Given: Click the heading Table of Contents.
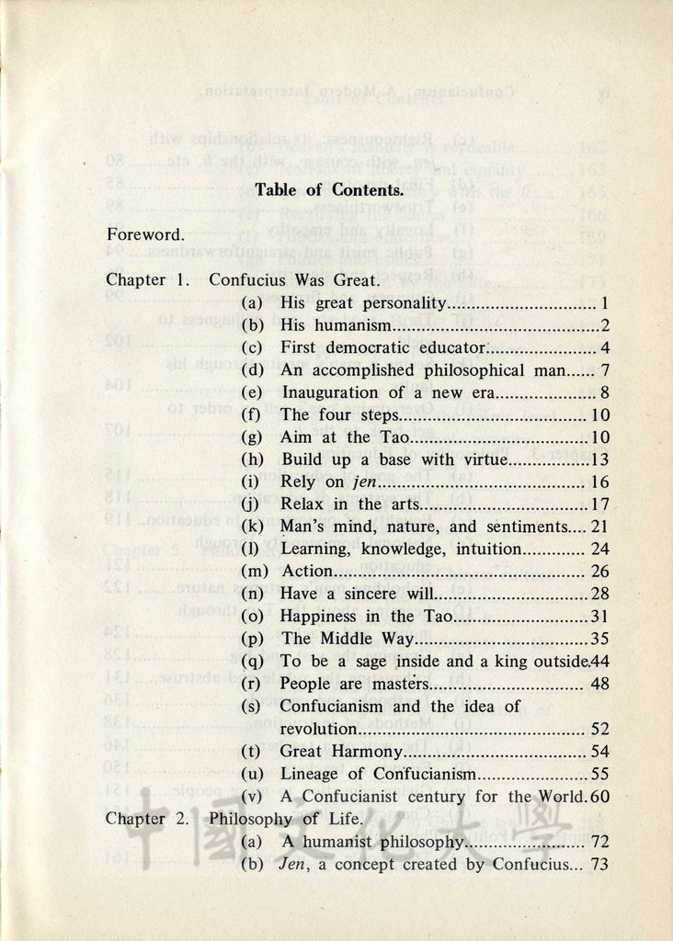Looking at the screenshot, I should (329, 190).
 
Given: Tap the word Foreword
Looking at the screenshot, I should (145, 234).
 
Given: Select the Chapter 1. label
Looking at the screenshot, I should (148, 279).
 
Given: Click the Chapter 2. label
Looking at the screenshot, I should (147, 819).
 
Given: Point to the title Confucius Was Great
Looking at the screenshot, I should (294, 279).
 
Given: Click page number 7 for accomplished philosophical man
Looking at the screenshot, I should (605, 370).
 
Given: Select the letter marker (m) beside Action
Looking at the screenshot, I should (254, 572).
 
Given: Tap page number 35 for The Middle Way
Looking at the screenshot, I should (599, 639).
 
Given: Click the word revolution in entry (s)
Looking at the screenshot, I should (317, 730).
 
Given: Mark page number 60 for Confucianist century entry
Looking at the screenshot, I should (599, 797).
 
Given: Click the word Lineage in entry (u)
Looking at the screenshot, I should (309, 774).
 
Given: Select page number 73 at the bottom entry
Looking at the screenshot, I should (599, 865).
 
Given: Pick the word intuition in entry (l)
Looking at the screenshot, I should (488, 550).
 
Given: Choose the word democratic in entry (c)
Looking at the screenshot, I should (368, 348).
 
